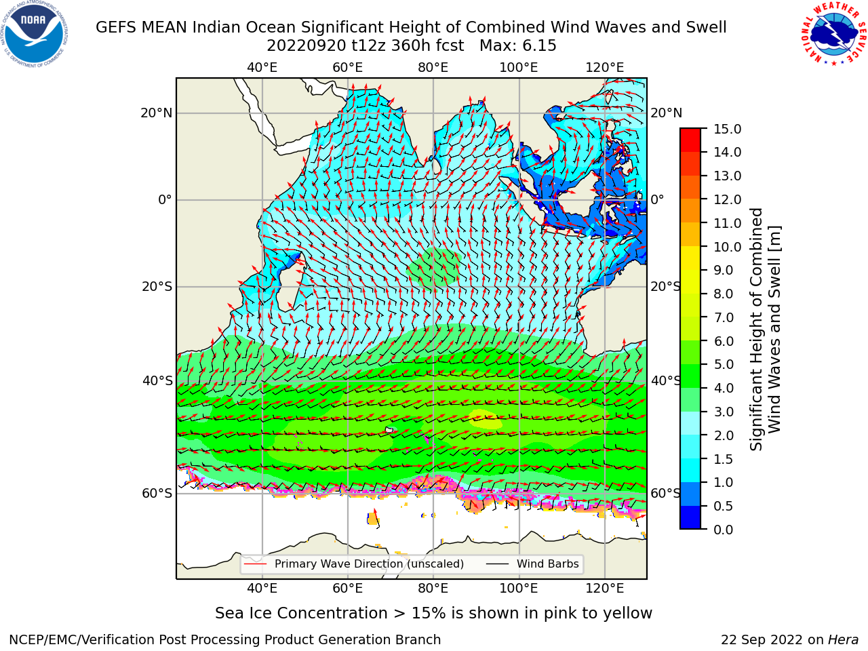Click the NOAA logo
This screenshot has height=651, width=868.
(x=35, y=34)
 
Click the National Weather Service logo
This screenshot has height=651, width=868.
(x=833, y=34)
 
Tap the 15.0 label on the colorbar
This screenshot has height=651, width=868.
(x=727, y=129)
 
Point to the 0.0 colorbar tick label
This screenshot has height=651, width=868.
(x=724, y=530)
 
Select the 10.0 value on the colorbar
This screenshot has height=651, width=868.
(x=727, y=247)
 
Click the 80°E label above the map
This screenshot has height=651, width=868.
(x=433, y=68)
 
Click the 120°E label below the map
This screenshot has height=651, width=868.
(x=605, y=589)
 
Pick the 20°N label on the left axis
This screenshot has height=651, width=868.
(x=157, y=113)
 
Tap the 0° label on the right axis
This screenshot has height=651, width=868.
(x=657, y=199)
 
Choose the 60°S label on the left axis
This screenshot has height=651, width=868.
(x=157, y=493)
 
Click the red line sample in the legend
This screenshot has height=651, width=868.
(x=256, y=564)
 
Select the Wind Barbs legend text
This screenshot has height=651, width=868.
(x=548, y=564)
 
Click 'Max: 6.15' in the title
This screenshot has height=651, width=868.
(x=517, y=46)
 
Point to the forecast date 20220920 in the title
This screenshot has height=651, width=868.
(x=307, y=46)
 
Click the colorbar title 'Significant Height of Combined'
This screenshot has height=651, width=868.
(x=756, y=329)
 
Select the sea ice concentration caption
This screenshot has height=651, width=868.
(x=433, y=613)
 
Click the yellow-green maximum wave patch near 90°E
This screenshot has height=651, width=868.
(x=486, y=419)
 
